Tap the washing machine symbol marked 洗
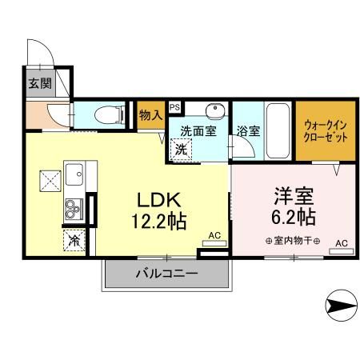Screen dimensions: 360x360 click(182, 148)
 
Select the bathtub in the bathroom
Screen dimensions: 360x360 click(277, 130)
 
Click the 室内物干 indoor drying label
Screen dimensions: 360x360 click(292, 241)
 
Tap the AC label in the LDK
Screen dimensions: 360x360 click(214, 234)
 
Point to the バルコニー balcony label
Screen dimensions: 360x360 click(166, 274)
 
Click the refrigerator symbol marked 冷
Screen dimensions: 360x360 click(74, 238)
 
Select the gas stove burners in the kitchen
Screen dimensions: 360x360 click(73, 210)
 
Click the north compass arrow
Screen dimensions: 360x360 click(342, 304)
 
